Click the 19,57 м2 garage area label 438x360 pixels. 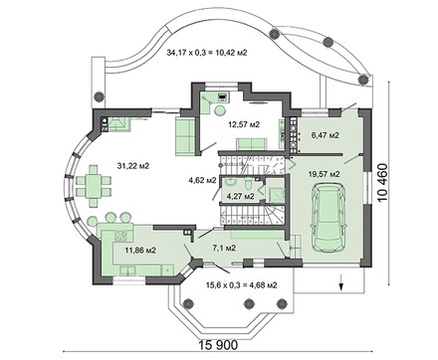[x=323, y=173]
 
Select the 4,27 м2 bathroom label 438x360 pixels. [x=241, y=197]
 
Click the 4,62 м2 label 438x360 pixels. [x=203, y=181]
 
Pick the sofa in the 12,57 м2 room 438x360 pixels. [x=182, y=130]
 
